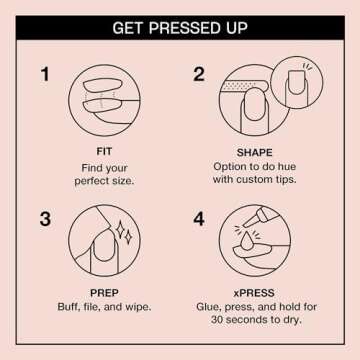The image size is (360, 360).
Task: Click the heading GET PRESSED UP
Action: [180, 27]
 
